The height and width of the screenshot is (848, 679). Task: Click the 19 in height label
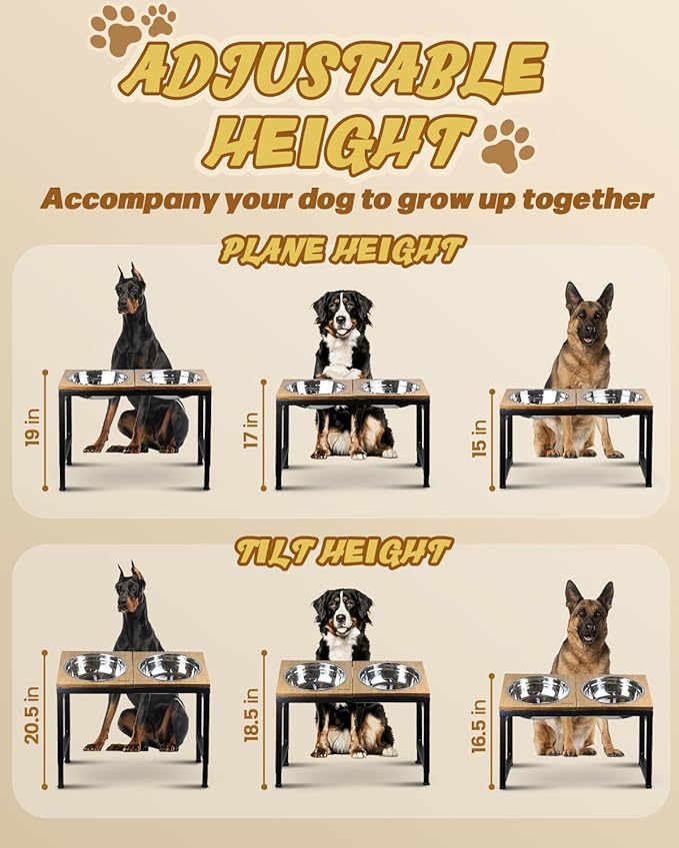pos(33,428)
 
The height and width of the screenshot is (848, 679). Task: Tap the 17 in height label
pos(251,432)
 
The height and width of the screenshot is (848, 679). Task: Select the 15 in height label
pos(479,437)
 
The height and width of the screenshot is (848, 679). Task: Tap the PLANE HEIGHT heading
pos(342,251)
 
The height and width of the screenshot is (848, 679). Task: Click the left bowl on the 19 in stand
pos(96,378)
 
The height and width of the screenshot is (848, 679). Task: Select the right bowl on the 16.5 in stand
pos(612,689)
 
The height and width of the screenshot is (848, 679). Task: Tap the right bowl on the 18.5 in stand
pos(389,676)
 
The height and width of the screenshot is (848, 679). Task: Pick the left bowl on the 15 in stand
pos(538,397)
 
